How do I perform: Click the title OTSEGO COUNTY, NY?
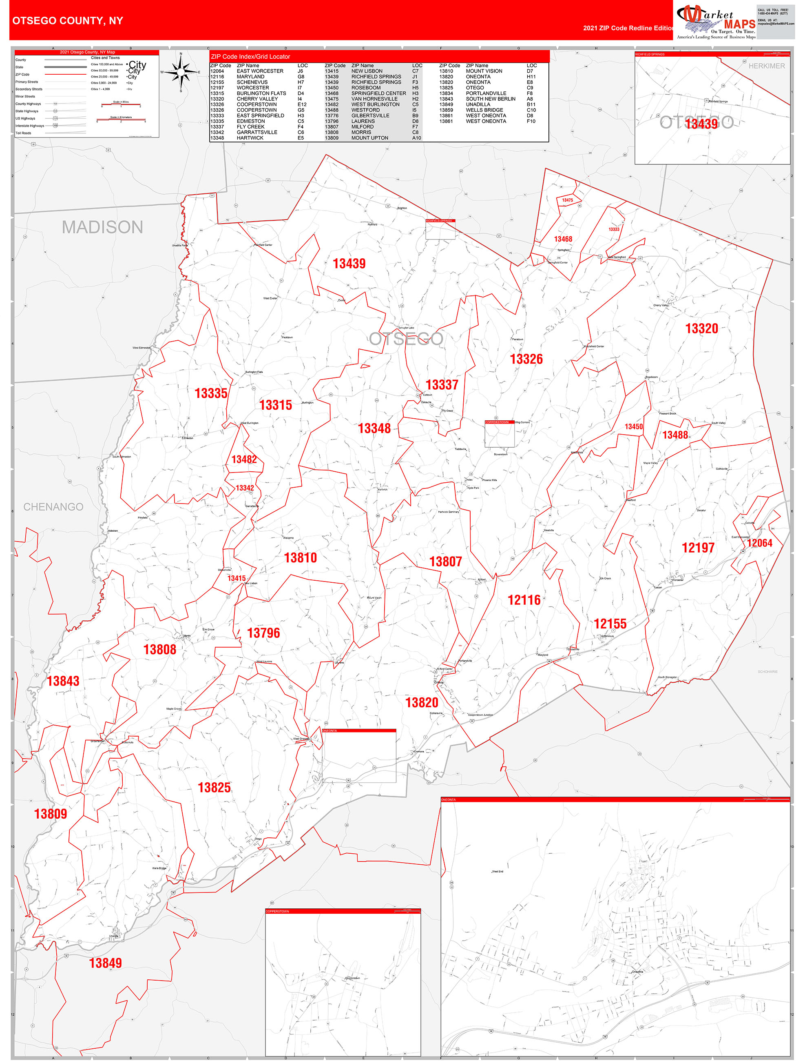pyautogui.click(x=68, y=21)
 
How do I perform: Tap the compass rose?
pyautogui.click(x=181, y=72)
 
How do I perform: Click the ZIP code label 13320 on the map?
pyautogui.click(x=701, y=329)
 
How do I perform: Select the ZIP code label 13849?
pyautogui.click(x=106, y=963)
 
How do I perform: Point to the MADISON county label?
pyautogui.click(x=103, y=227)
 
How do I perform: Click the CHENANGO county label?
pyautogui.click(x=53, y=506)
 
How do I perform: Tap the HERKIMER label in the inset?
pyautogui.click(x=767, y=66)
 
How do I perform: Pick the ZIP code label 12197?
pyautogui.click(x=698, y=548)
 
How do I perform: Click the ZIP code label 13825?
pyautogui.click(x=215, y=788)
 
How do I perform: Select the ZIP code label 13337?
pyautogui.click(x=442, y=385)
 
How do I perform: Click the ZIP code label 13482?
pyautogui.click(x=244, y=459)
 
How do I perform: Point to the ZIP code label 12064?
pyautogui.click(x=760, y=543)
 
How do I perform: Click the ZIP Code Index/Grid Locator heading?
pyautogui.click(x=250, y=57)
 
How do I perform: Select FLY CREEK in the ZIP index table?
pyautogui.click(x=250, y=127)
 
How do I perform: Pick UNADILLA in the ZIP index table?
pyautogui.click(x=478, y=104)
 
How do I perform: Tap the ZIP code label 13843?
pyautogui.click(x=63, y=681)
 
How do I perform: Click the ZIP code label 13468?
pyautogui.click(x=563, y=239)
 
